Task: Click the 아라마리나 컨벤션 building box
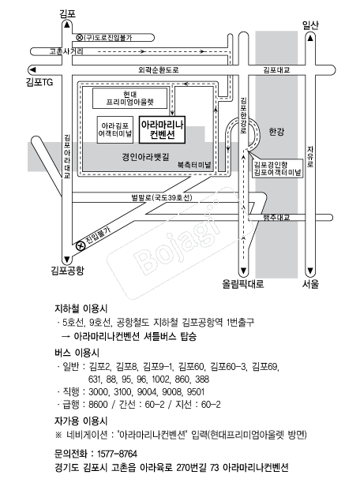(162, 130)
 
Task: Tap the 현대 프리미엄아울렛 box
(130, 99)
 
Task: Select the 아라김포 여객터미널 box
(115, 130)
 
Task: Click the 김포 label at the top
(67, 14)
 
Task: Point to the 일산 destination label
(310, 25)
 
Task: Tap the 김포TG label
(39, 82)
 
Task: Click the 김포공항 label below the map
(67, 271)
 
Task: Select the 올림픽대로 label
(243, 284)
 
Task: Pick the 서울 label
(310, 284)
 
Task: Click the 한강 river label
(276, 132)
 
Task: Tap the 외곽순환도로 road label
(159, 70)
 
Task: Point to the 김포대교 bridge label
(276, 70)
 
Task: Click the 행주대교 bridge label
(276, 217)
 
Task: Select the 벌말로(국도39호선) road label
(162, 197)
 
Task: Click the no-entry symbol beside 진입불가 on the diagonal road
(81, 246)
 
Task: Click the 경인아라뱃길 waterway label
(145, 157)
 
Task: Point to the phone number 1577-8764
(117, 454)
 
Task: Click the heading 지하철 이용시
(81, 308)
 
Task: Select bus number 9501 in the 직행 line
(196, 392)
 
